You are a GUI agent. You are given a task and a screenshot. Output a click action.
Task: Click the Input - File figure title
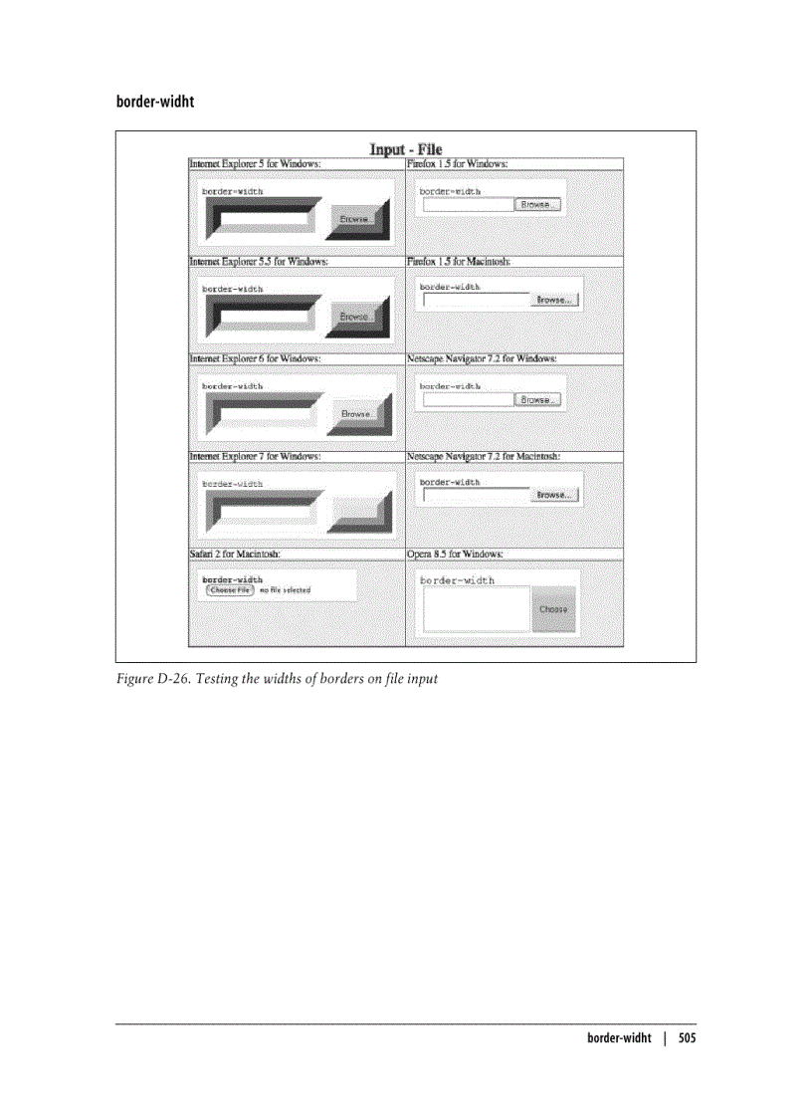point(406,149)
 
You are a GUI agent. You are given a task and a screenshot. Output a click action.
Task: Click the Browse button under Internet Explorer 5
point(354,218)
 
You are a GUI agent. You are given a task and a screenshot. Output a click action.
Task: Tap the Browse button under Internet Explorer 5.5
point(354,316)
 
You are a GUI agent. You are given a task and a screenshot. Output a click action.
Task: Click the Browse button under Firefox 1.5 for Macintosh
point(552,300)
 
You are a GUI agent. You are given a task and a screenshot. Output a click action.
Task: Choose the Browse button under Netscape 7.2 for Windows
point(538,399)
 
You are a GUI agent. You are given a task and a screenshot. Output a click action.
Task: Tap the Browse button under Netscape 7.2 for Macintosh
point(552,495)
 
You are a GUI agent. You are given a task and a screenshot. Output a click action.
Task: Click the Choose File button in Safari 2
point(229,589)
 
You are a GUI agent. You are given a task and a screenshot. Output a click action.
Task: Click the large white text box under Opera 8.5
point(477,608)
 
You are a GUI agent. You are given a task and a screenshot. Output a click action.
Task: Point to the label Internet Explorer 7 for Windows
point(256,456)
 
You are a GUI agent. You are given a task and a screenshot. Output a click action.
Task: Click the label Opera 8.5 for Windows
point(455,554)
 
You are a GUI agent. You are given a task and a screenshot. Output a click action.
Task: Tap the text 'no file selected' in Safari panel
point(285,590)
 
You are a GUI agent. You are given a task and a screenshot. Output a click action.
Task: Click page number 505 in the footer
point(687,1037)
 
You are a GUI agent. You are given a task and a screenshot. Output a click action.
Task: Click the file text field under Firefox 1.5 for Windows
point(468,204)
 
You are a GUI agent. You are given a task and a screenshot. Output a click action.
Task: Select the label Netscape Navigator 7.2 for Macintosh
point(484,456)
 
